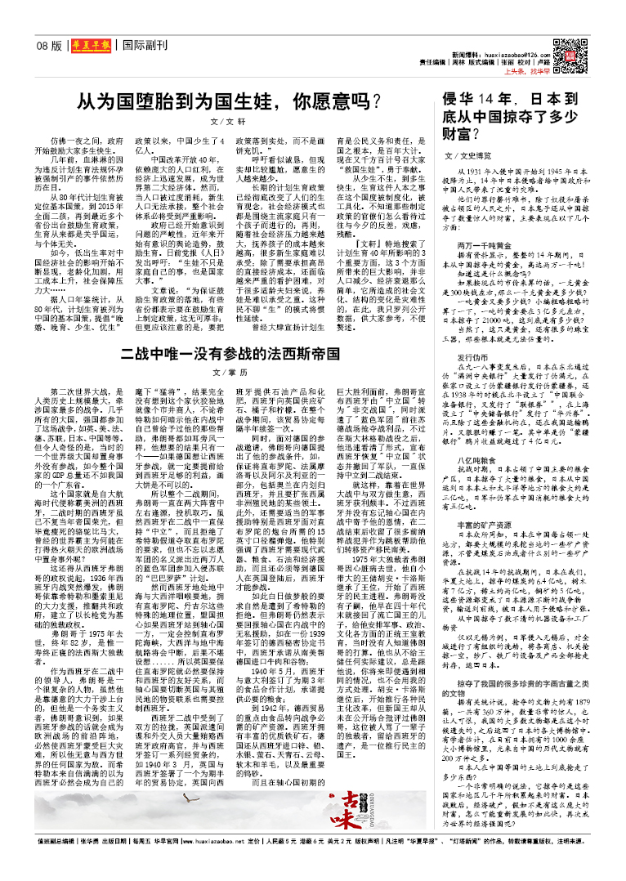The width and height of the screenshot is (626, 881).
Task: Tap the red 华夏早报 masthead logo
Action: [x=89, y=46]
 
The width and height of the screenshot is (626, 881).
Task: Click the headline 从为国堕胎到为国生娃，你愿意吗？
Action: [x=228, y=103]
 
